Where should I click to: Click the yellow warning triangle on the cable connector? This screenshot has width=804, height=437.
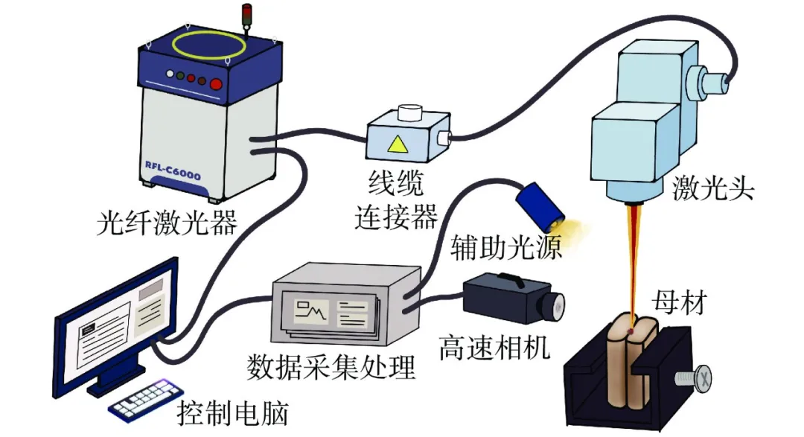[398, 144]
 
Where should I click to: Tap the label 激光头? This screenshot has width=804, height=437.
[712, 189]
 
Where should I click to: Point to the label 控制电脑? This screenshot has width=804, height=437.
[232, 412]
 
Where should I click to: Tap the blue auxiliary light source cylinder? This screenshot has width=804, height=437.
[539, 202]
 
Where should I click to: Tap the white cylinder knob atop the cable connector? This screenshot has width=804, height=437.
[409, 113]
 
